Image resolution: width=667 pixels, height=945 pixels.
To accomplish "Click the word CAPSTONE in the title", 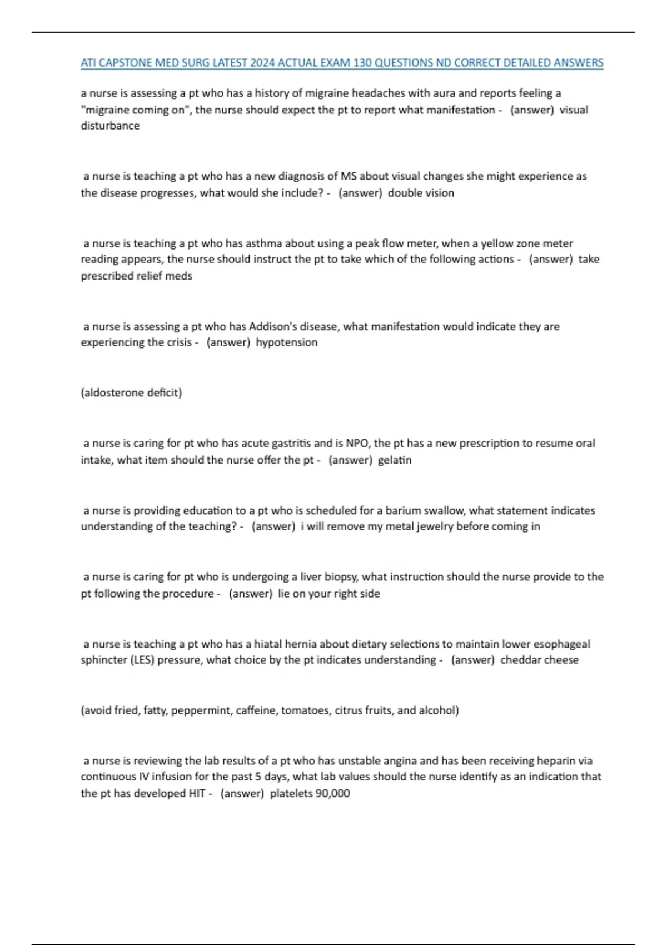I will [125, 63].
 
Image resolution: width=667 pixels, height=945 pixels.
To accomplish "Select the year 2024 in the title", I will [262, 63].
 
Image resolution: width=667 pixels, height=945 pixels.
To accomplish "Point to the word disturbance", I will [110, 126].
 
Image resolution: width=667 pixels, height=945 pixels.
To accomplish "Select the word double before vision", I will [405, 193].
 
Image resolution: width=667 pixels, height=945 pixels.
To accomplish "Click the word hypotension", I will [287, 342].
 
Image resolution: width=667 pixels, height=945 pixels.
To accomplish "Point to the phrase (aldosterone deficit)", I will [131, 393].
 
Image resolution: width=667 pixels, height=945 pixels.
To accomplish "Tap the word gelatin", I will [395, 460].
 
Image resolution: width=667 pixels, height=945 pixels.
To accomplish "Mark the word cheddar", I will [519, 660].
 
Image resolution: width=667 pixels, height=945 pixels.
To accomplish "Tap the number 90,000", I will [332, 793].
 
